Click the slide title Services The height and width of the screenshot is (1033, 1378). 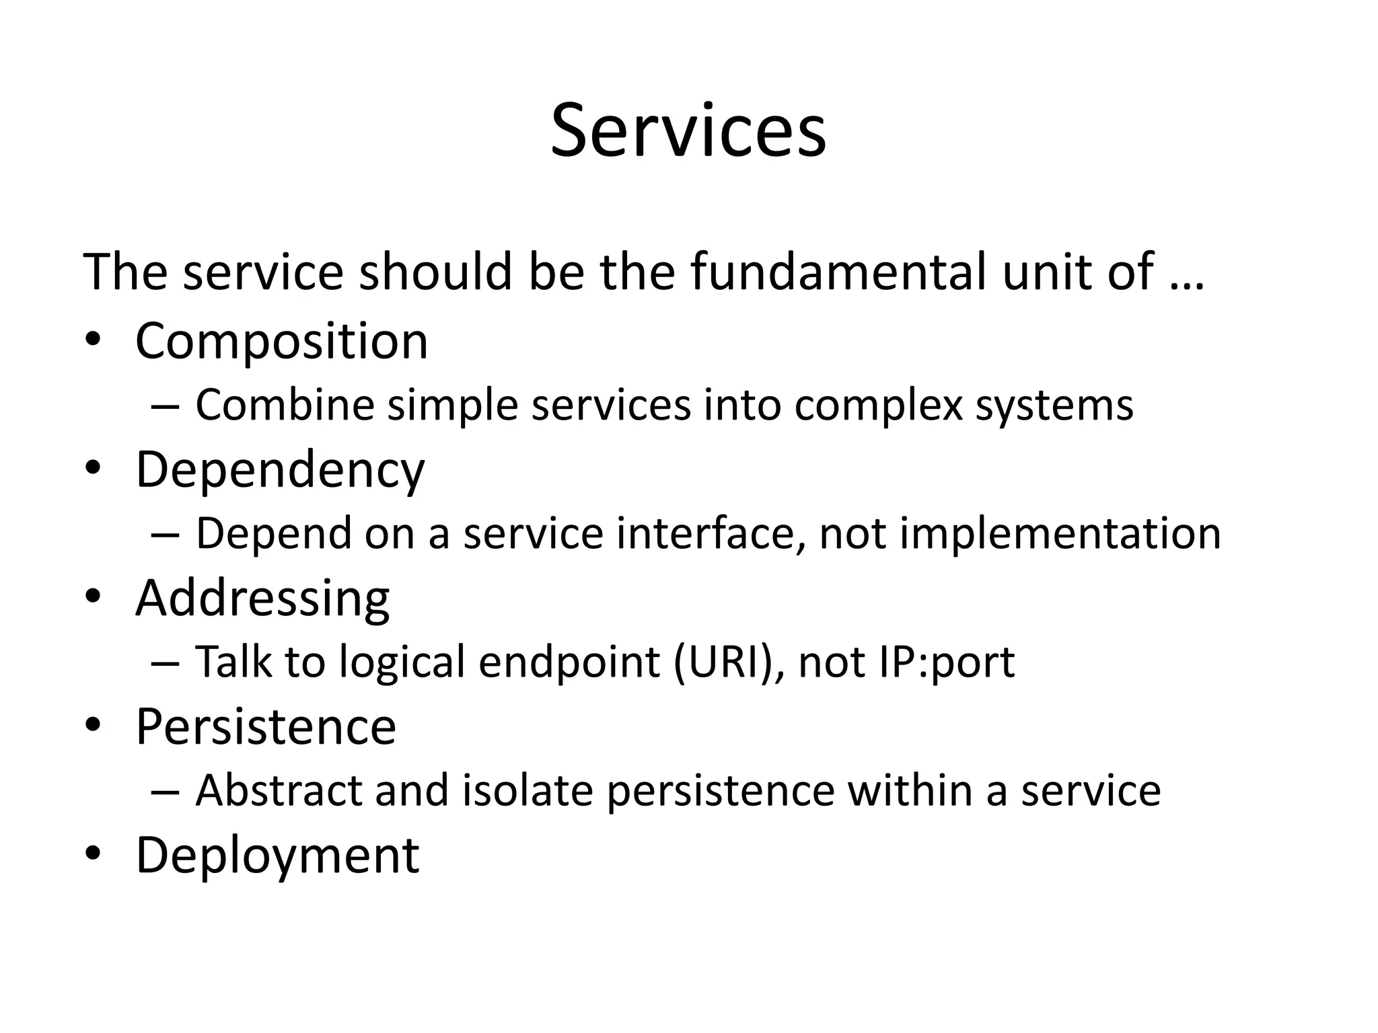(688, 130)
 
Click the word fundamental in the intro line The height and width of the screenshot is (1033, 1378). (838, 272)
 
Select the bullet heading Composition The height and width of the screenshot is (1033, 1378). (281, 342)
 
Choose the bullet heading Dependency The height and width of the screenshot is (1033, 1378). (280, 470)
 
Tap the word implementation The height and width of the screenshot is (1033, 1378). (1060, 533)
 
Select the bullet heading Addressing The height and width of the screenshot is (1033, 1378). (262, 599)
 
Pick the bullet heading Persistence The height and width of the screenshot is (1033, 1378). (266, 727)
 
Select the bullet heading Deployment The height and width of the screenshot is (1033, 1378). (277, 855)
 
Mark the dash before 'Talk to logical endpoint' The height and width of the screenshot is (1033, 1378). (166, 663)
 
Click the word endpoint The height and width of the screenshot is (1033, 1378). (569, 662)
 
